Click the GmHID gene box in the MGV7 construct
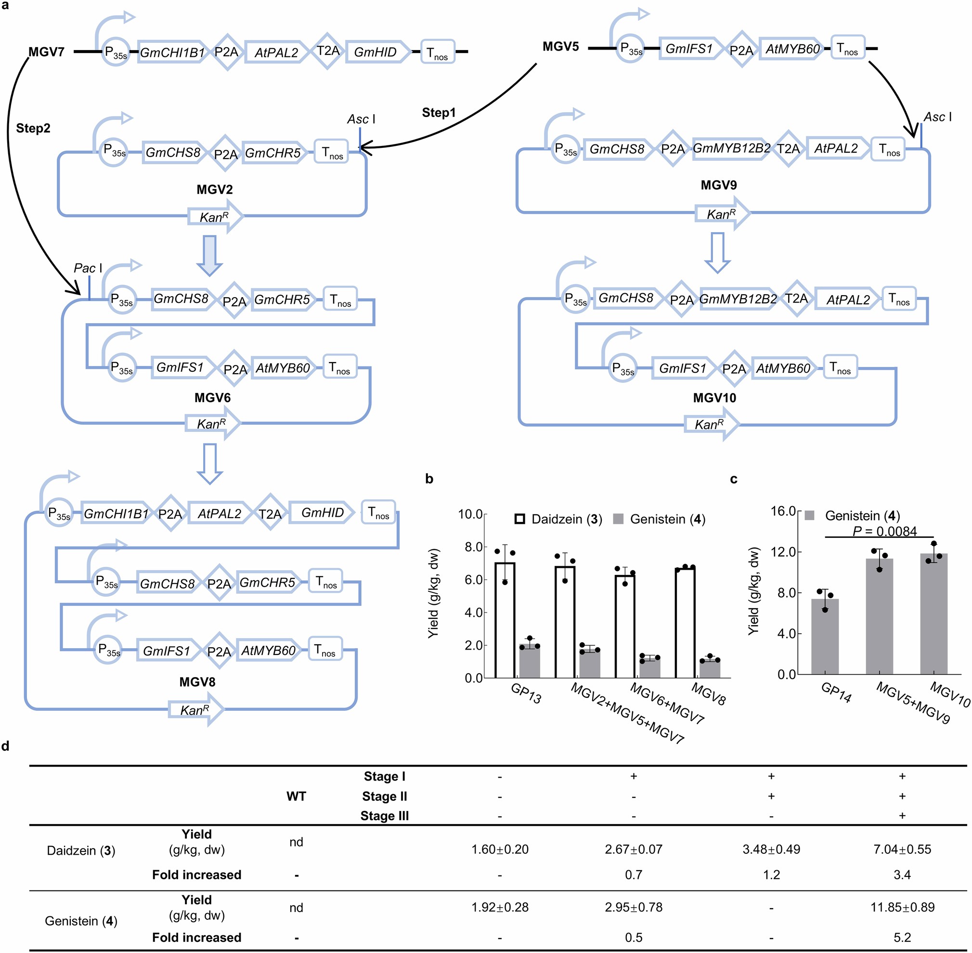click(376, 52)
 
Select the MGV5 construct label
click(560, 47)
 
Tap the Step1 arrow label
click(439, 113)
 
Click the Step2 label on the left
click(33, 128)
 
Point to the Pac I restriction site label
click(88, 268)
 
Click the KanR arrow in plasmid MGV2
click(215, 217)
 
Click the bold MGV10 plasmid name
click(714, 398)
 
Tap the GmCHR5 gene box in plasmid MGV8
click(267, 582)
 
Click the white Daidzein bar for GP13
click(505, 621)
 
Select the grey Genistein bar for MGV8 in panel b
click(710, 669)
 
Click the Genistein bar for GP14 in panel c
click(824, 637)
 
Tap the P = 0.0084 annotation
click(884, 531)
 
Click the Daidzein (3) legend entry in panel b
click(558, 519)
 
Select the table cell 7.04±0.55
click(902, 849)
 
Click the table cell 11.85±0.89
click(902, 907)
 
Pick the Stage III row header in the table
click(384, 816)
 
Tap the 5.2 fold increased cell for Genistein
click(902, 937)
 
